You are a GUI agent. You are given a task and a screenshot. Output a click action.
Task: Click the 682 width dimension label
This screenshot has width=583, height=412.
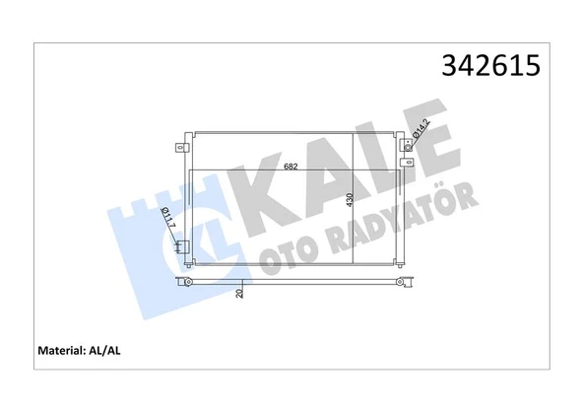pos(291,167)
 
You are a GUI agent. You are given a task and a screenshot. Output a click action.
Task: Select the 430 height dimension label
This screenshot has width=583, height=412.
pos(350,200)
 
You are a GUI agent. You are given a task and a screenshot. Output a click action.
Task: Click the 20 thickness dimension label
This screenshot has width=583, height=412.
pos(239,293)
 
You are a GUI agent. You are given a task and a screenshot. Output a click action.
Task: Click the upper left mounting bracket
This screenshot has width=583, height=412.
pos(181,149)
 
